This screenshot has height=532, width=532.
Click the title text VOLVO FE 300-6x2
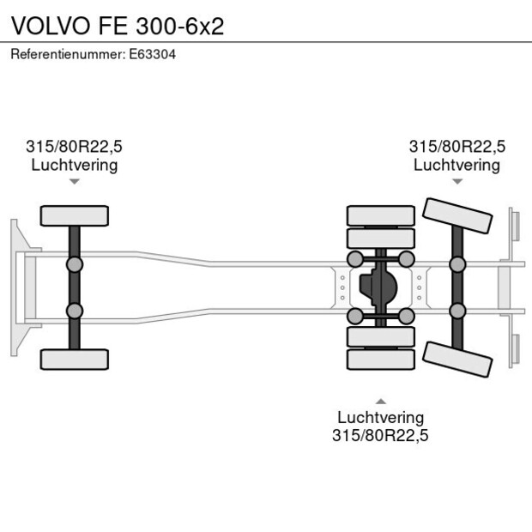point(118,25)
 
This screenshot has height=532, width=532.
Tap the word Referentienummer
point(67,54)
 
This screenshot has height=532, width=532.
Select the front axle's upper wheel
point(75,215)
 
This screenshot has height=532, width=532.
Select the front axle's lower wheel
point(75,359)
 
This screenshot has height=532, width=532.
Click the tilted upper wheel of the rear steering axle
point(458,215)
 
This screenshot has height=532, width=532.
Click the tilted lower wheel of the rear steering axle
point(458,359)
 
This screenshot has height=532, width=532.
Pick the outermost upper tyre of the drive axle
point(380,215)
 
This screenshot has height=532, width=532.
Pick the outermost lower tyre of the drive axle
point(380,360)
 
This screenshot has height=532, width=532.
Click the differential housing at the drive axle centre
point(380,287)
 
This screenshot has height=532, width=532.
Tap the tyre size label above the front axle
point(75,147)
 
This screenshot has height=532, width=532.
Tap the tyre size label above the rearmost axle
point(456,147)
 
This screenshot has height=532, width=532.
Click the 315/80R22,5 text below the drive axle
point(380,435)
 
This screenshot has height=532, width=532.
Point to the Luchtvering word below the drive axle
point(380,417)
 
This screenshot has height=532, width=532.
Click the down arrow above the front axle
point(75,181)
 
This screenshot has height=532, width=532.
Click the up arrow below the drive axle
point(380,401)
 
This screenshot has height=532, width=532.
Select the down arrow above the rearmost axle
point(457,181)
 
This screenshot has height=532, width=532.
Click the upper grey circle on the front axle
point(75,263)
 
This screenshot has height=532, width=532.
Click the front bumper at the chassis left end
point(15,287)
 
